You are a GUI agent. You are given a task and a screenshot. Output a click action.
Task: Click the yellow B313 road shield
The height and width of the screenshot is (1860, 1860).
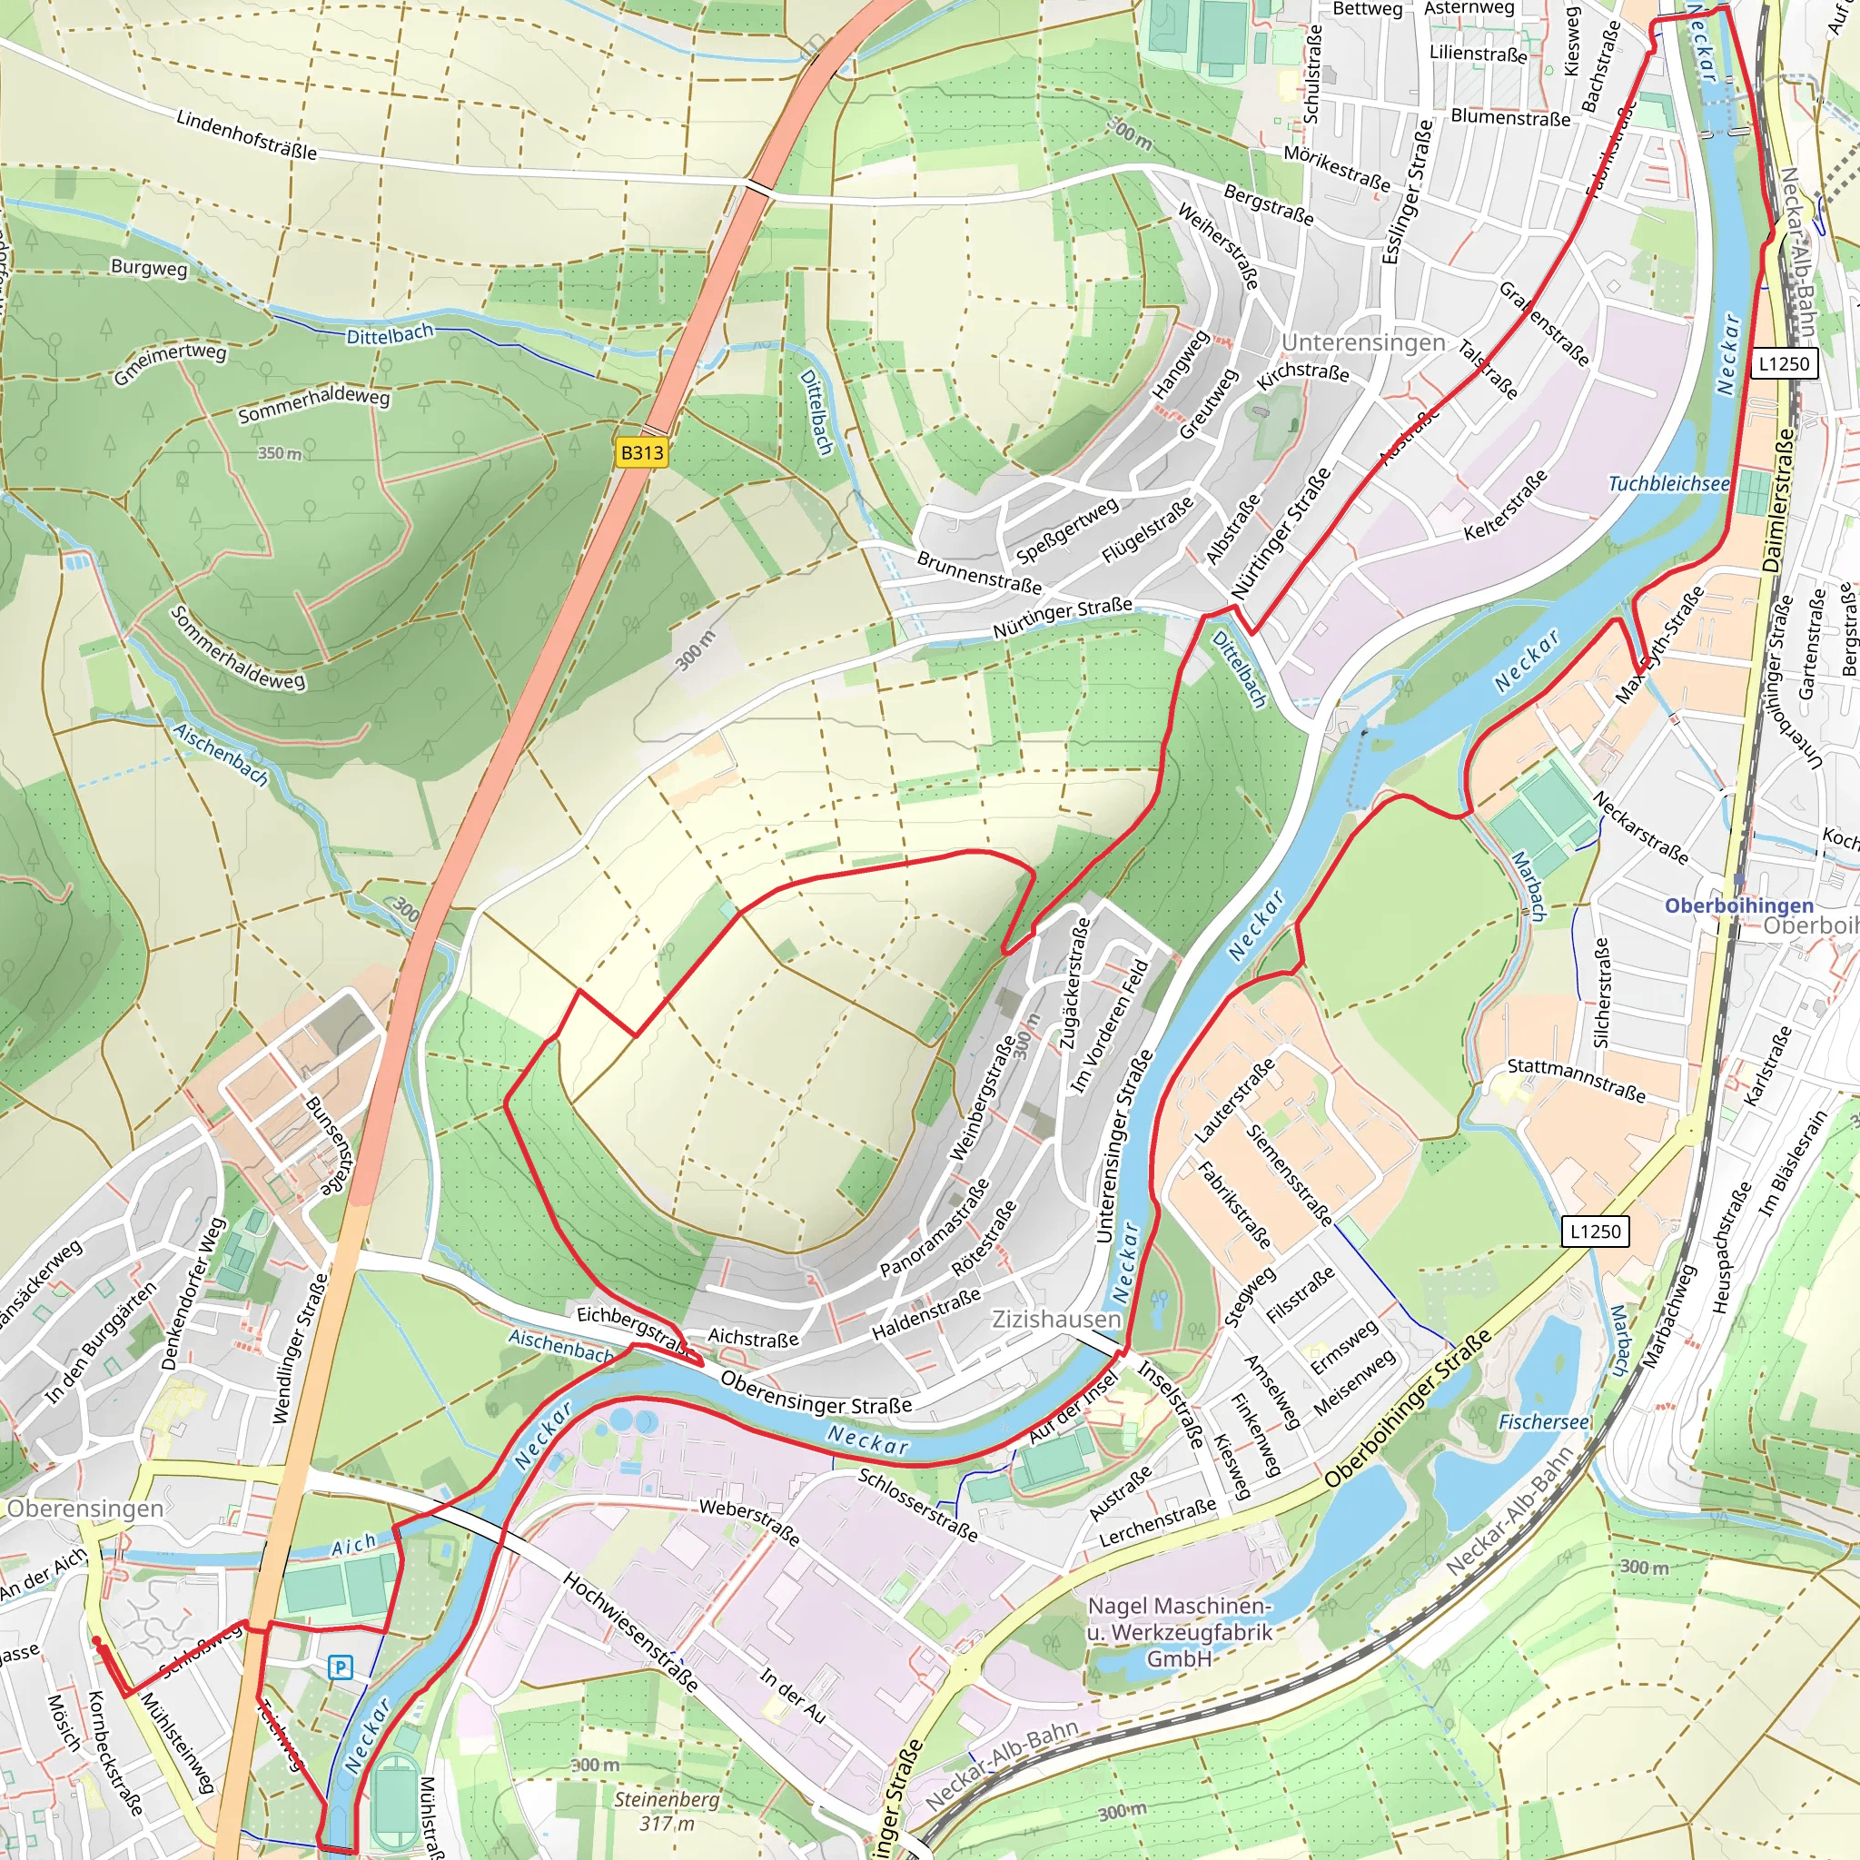point(641,452)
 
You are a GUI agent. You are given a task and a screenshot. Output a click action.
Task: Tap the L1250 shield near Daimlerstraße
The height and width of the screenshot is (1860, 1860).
point(1784,364)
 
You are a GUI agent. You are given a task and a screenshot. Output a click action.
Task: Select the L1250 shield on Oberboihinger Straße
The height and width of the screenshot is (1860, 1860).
point(1595,1232)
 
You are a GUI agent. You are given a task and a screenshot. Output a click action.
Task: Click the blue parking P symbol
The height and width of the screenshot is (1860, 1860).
point(340,1667)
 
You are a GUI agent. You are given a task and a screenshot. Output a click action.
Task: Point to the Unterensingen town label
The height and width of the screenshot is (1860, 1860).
point(1362,342)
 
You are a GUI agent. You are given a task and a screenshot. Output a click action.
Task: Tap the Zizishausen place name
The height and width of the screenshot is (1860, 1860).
point(1056,1319)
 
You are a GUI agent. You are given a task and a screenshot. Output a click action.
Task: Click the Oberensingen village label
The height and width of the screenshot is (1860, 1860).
point(84,1509)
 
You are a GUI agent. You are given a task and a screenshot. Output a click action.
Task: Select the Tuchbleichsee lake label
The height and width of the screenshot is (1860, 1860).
point(1668,483)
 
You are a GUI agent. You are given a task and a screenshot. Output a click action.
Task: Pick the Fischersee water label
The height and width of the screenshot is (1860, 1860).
point(1544,1422)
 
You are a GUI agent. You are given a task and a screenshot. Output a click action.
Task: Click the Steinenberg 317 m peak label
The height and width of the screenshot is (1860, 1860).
point(667,1811)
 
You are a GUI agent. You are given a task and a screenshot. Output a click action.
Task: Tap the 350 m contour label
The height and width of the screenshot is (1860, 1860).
point(279,452)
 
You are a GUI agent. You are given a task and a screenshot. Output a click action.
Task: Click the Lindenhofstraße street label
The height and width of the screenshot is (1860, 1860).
point(246,134)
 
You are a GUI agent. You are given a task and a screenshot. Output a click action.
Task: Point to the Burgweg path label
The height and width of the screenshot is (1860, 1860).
point(149,268)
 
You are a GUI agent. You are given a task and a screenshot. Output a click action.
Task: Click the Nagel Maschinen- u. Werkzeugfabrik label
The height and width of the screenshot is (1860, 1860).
point(1180,1632)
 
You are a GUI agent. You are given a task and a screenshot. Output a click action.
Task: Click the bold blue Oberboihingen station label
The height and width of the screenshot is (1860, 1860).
point(1738,905)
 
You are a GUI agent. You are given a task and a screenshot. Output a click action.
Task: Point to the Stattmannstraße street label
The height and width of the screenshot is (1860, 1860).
point(1576,1080)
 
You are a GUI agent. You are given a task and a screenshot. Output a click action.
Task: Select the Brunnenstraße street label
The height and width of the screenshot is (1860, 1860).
point(978,573)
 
